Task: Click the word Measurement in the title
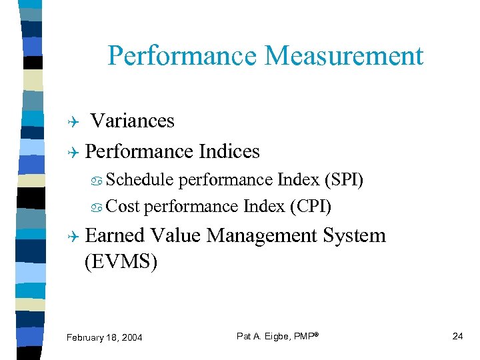pyautogui.click(x=344, y=56)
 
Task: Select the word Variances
pyautogui.click(x=132, y=121)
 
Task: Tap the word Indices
pyautogui.click(x=228, y=152)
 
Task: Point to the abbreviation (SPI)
pyautogui.click(x=343, y=180)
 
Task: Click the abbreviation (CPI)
pyautogui.click(x=311, y=207)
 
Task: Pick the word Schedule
pyautogui.click(x=139, y=180)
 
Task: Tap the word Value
pyautogui.click(x=177, y=235)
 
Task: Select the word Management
pyautogui.click(x=263, y=235)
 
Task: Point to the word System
pyautogui.click(x=354, y=235)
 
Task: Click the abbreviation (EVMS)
pyautogui.click(x=121, y=262)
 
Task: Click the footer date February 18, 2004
pyautogui.click(x=105, y=337)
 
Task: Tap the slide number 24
pyautogui.click(x=457, y=336)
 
